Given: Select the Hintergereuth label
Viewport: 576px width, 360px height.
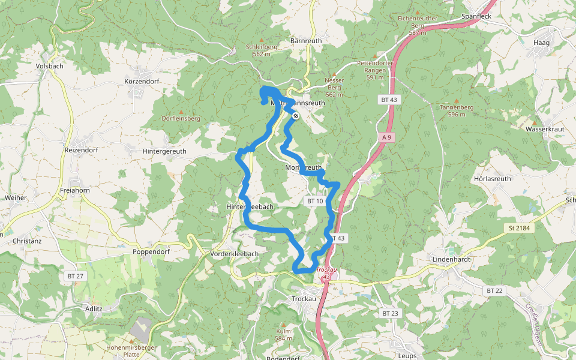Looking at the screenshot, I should click(x=164, y=152).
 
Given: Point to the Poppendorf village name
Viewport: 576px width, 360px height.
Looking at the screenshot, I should click(x=152, y=252).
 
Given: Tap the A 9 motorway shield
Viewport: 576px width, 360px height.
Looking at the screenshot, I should click(x=387, y=137).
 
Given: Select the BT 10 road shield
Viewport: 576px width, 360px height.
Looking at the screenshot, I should click(x=315, y=201).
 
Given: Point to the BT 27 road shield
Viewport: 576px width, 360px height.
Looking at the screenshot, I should click(x=76, y=275).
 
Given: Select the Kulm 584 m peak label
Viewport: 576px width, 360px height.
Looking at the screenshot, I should click(x=284, y=334).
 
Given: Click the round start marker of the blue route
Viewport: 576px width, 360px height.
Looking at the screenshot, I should click(x=296, y=115).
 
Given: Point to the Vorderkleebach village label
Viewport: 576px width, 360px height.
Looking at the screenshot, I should click(x=235, y=254).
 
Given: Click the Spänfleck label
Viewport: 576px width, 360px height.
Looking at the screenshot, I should click(x=476, y=16).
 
